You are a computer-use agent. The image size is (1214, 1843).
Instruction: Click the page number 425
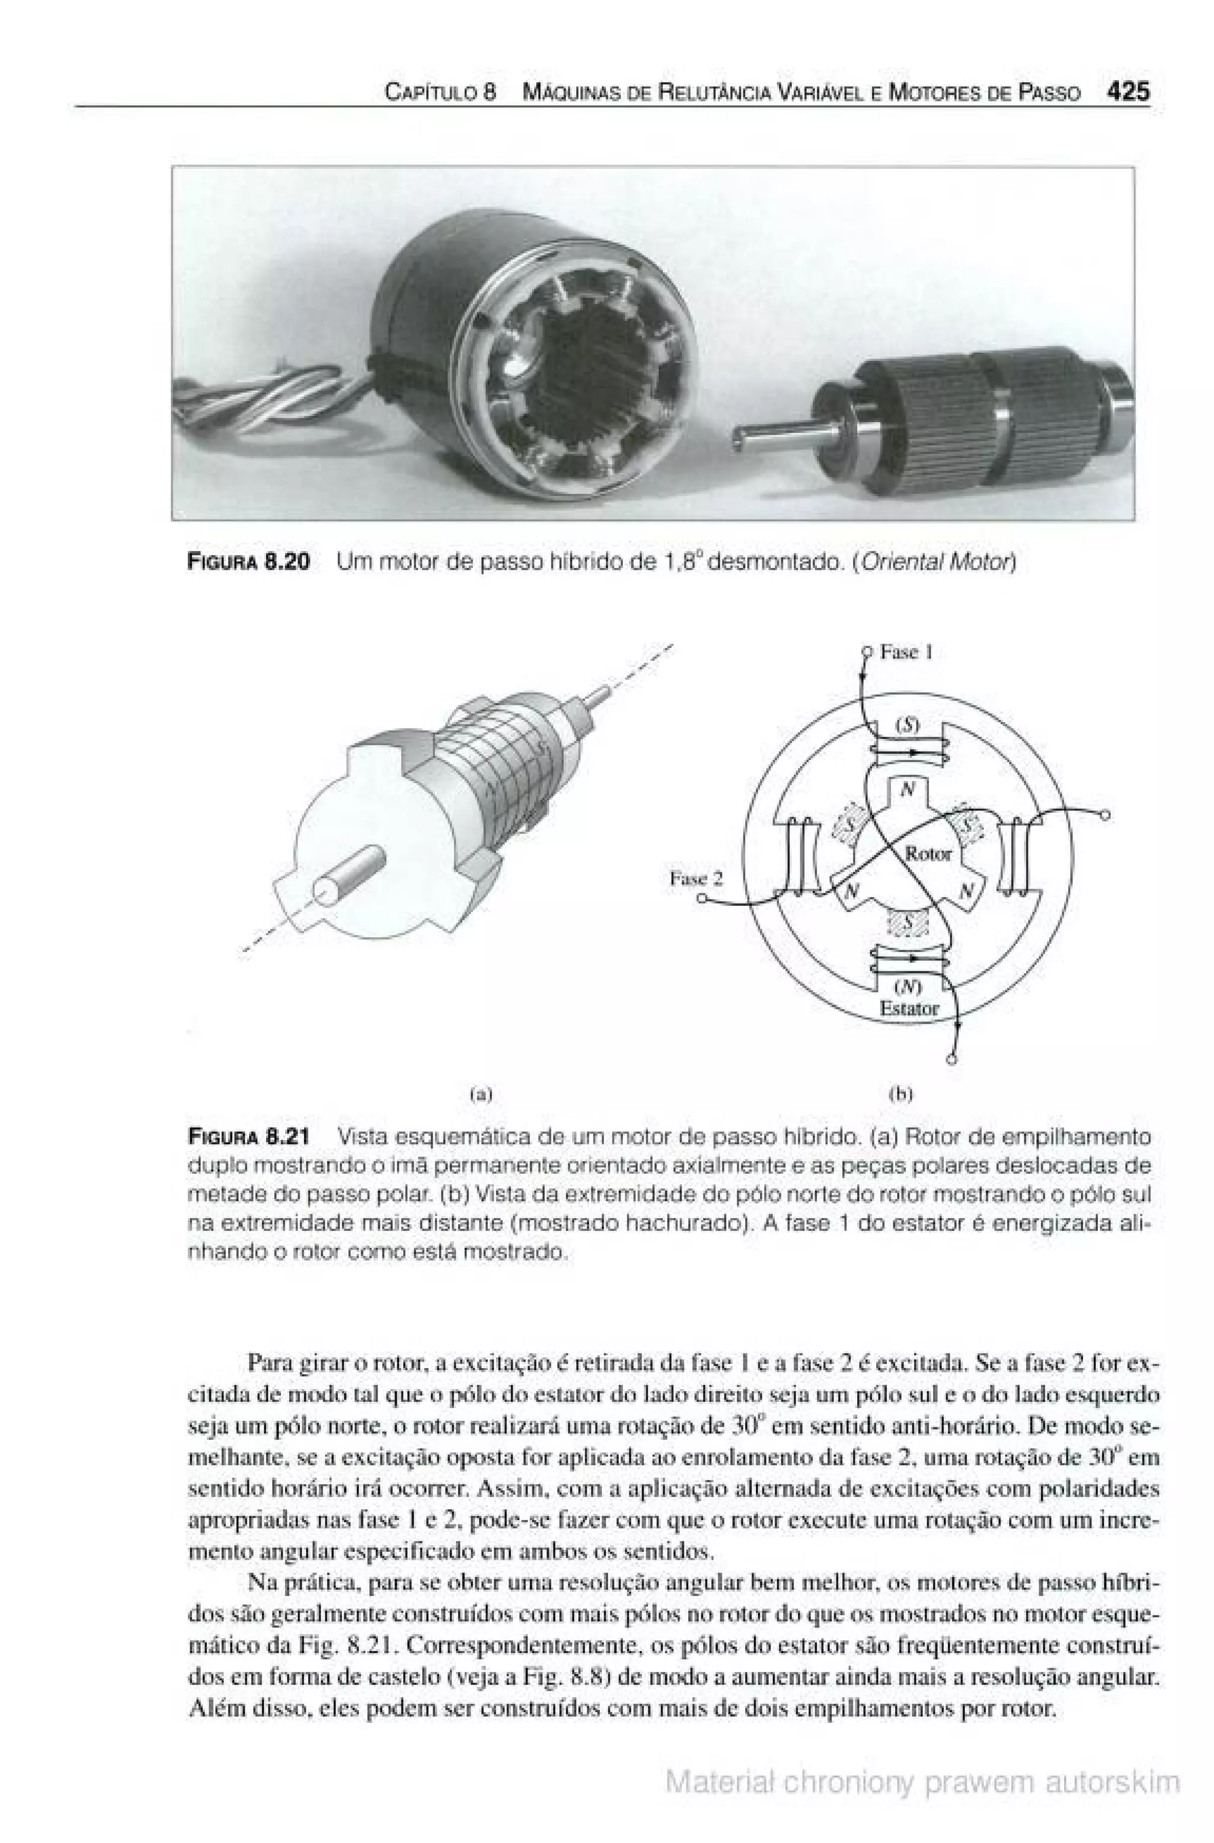tap(1128, 91)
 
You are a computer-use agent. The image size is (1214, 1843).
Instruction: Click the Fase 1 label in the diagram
tap(906, 652)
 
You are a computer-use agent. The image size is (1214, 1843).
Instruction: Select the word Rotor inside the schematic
tap(928, 854)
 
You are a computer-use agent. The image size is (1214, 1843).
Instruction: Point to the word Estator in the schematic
tap(909, 1008)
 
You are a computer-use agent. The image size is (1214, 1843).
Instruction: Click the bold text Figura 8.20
tap(250, 561)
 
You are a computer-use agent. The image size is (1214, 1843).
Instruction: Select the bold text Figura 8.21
tap(250, 1137)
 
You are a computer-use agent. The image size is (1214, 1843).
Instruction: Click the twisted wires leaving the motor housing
tap(255, 399)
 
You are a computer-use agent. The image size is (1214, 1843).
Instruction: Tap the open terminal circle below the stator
tap(951, 1059)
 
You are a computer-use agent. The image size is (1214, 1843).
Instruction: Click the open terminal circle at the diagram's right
tap(1106, 815)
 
